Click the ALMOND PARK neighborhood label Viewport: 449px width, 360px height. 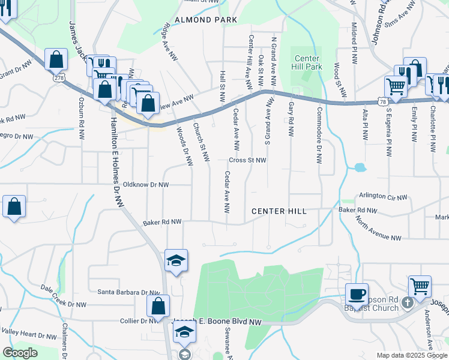point(206,20)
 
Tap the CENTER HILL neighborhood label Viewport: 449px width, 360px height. point(279,211)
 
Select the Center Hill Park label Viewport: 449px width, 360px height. point(307,62)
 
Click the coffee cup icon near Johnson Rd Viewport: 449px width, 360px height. point(357,293)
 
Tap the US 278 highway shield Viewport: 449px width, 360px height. point(58,78)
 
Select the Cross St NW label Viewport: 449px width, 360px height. point(247,160)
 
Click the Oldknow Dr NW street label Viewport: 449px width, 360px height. point(147,185)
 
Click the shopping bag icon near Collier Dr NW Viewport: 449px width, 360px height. point(157,305)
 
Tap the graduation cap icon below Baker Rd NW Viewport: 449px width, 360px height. point(176,260)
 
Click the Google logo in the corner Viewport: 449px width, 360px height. point(20,353)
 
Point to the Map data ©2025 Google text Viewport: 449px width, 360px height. point(411,355)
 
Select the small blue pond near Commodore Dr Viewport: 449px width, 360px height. point(360,167)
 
